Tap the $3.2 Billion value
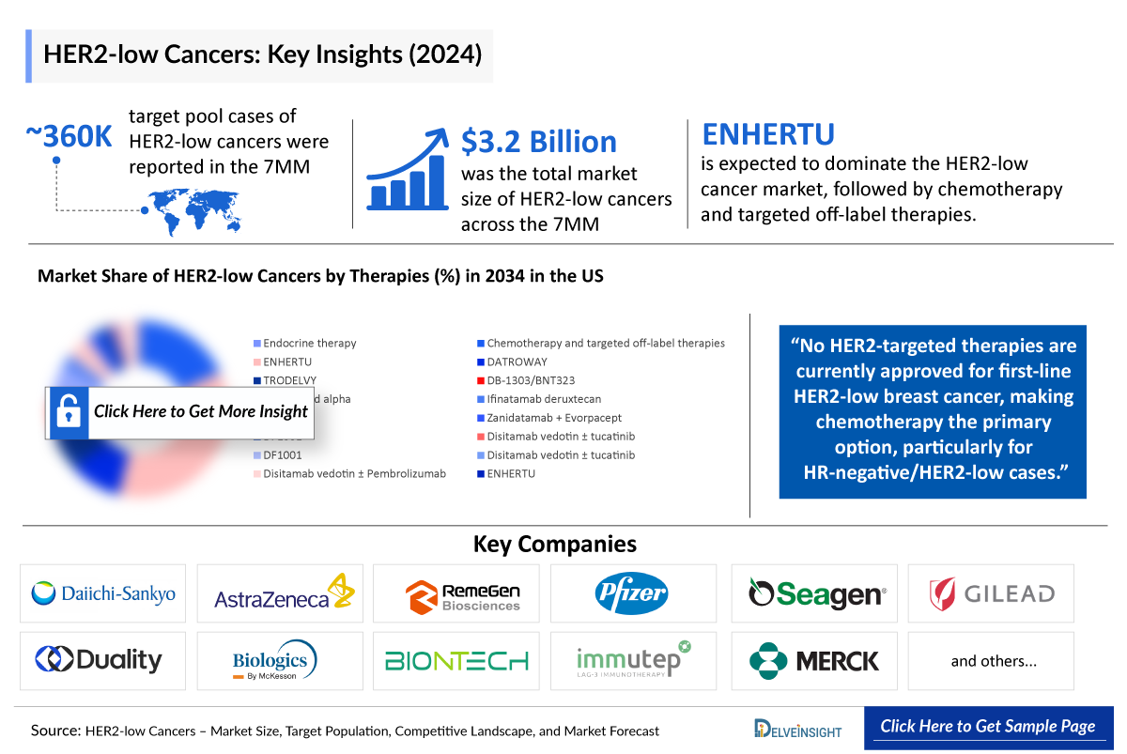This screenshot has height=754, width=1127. [x=539, y=141]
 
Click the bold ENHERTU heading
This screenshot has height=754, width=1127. [x=768, y=134]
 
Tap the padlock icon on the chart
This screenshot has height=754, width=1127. [x=68, y=411]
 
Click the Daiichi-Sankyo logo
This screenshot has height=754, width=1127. [x=103, y=593]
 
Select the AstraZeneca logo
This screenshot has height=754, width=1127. [x=280, y=593]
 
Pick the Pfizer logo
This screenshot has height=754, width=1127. [x=631, y=592]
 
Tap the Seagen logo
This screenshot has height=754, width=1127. [x=815, y=593]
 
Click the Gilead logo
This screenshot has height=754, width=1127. [x=991, y=593]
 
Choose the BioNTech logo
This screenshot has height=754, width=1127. [x=456, y=661]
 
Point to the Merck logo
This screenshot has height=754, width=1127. [x=815, y=661]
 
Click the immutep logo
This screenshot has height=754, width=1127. [x=633, y=660]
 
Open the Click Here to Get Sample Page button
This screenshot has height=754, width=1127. [x=987, y=727]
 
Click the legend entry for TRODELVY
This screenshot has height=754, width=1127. [x=289, y=380]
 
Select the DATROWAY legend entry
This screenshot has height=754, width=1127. [x=517, y=362]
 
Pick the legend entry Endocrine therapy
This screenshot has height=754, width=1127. [x=309, y=344]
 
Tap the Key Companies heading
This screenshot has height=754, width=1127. [x=554, y=544]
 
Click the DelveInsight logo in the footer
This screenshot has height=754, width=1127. [x=797, y=729]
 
